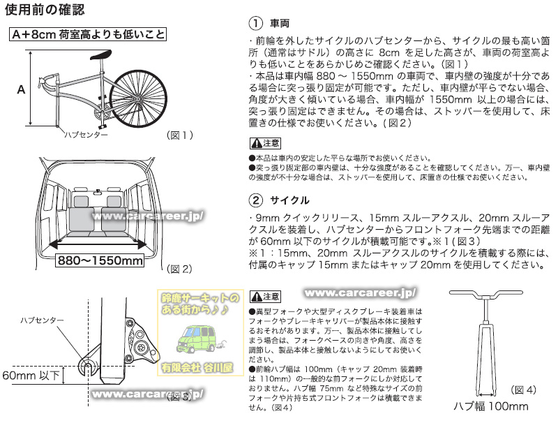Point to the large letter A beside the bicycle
pos(21,89)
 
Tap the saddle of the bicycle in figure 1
pos(100,57)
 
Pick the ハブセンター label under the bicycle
pos(85,134)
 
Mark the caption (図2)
pos(179,268)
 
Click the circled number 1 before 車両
pos(255,23)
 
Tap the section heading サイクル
pos(289,200)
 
